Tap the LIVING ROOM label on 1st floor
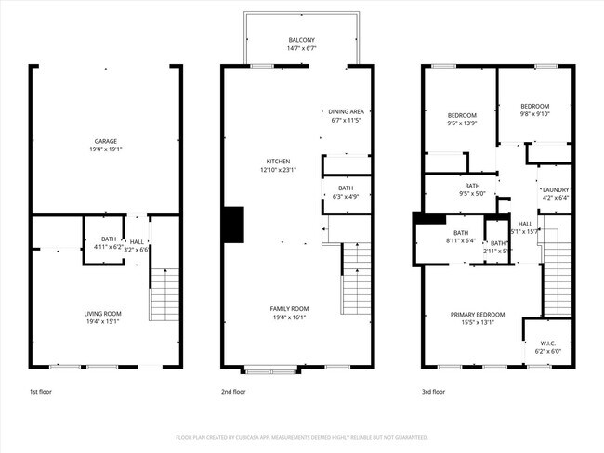103,314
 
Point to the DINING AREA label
346,111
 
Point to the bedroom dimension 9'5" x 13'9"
462,123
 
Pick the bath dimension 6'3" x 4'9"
346,196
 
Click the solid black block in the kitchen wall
232,225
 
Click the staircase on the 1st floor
164,294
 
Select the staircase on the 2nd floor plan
356,278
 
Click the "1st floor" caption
40,392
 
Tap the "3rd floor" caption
434,392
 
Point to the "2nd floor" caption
233,392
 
